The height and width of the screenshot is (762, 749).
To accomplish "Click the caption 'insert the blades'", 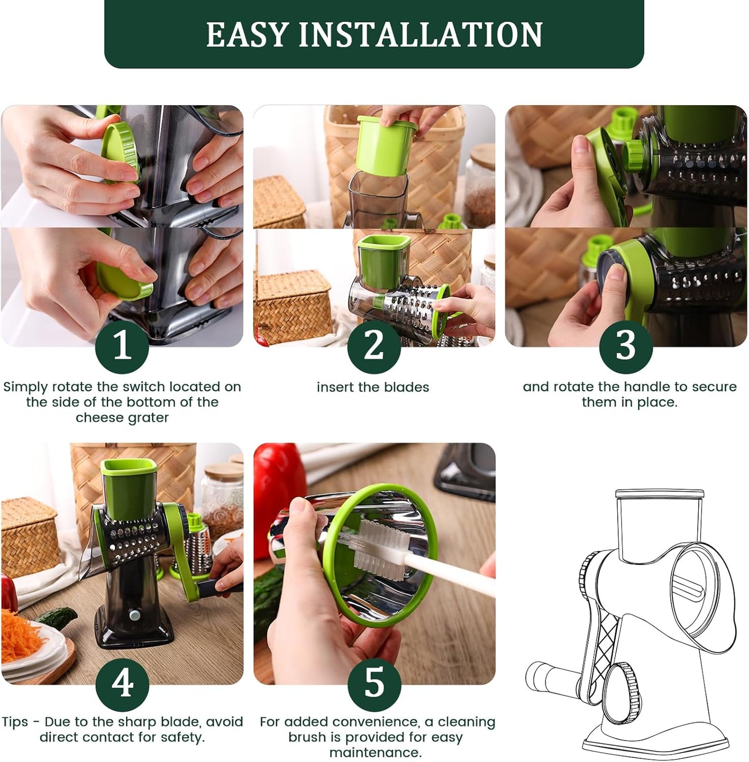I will pyautogui.click(x=373, y=387).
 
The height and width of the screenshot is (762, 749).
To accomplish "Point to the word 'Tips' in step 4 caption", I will pyautogui.click(x=15, y=722).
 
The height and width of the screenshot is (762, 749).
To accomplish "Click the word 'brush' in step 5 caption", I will pyautogui.click(x=307, y=738).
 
